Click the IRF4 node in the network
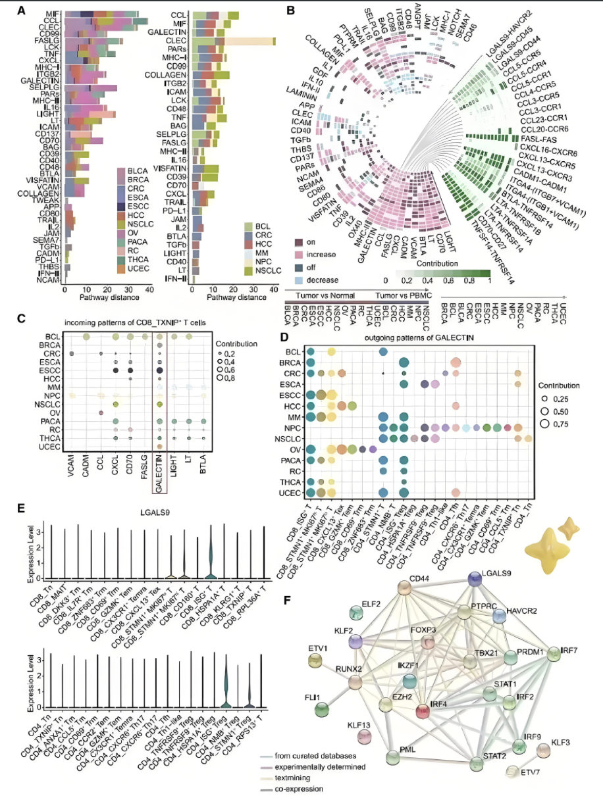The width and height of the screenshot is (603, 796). pyautogui.click(x=421, y=709)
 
